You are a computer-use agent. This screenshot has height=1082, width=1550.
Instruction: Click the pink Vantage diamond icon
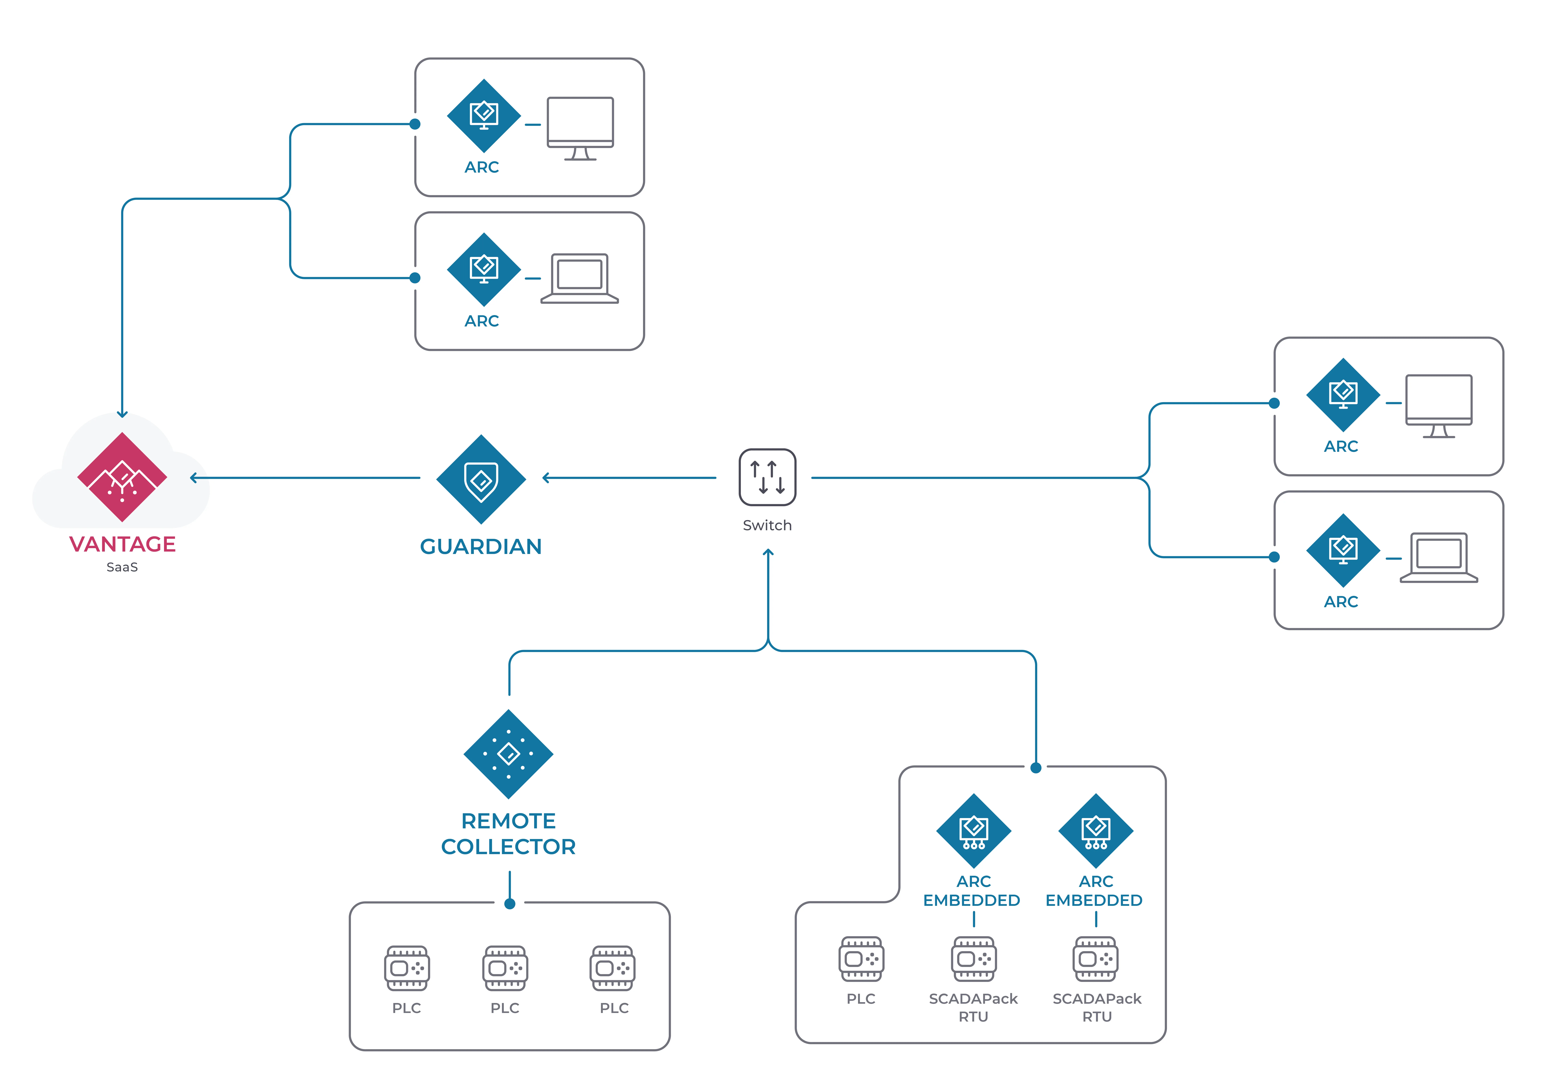coord(122,477)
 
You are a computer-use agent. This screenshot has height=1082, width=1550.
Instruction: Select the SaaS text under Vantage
coord(122,567)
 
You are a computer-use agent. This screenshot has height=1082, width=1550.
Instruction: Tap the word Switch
coord(768,525)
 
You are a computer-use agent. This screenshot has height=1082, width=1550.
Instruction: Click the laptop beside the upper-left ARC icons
coord(580,278)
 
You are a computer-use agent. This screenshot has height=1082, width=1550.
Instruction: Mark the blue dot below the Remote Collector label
coord(510,904)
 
